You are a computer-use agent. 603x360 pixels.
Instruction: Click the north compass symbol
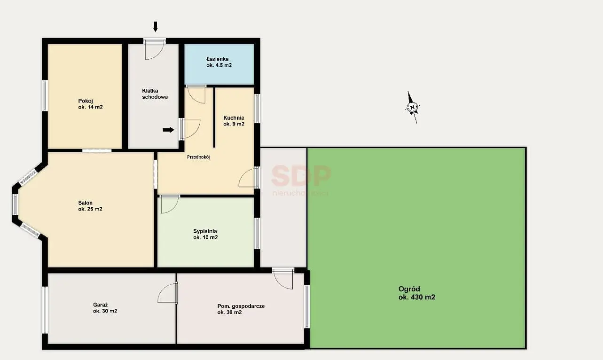click(x=412, y=108)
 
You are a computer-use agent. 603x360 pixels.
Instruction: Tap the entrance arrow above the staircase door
click(x=155, y=27)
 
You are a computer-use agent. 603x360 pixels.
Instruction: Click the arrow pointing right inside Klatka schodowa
click(x=169, y=130)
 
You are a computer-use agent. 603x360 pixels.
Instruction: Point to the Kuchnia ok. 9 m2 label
click(x=234, y=121)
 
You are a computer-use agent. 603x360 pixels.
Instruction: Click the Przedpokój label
click(x=198, y=157)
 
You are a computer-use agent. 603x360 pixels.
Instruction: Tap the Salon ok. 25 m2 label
click(x=90, y=206)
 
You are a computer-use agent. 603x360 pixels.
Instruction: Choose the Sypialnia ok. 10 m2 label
click(x=205, y=234)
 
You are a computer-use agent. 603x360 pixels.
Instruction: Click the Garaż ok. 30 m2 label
click(x=105, y=308)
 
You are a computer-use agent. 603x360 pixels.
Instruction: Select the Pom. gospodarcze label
click(x=241, y=306)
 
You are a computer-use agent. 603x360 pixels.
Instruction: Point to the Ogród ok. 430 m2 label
click(x=417, y=293)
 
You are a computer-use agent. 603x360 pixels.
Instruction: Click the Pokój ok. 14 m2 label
click(x=90, y=104)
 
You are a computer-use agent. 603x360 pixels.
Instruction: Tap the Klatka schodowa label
click(x=155, y=94)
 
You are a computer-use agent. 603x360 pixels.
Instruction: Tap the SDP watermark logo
click(x=301, y=176)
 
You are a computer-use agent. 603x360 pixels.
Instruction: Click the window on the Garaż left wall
click(x=45, y=310)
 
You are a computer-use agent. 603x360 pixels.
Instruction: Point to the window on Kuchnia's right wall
click(x=257, y=109)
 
